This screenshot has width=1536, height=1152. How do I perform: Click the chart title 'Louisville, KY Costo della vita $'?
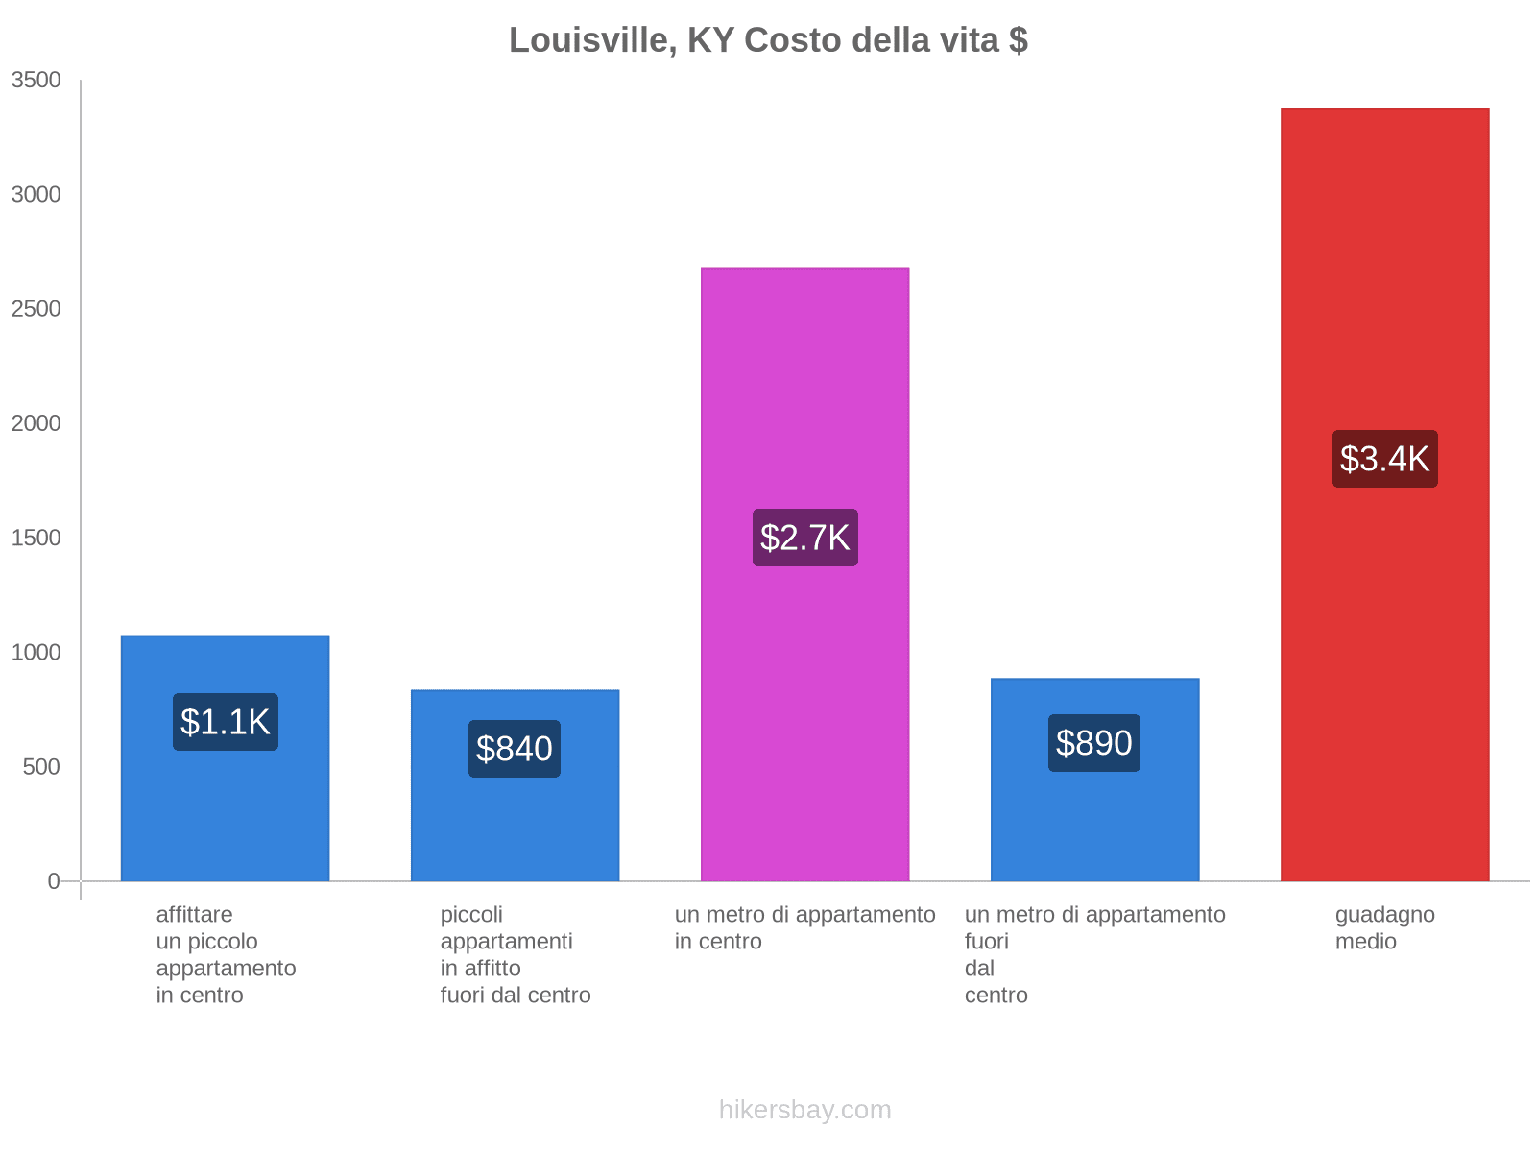click(768, 40)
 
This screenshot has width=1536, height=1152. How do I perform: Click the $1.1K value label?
click(226, 722)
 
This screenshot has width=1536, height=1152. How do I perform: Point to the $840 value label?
click(515, 749)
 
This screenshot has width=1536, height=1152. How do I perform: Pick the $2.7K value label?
click(804, 538)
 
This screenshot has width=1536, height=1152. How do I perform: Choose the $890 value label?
click(1094, 743)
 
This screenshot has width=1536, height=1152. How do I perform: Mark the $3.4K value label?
click(1384, 459)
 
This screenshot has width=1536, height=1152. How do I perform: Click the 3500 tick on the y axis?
click(36, 81)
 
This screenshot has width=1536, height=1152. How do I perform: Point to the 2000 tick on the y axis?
click(36, 423)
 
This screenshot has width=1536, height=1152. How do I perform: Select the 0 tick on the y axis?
click(54, 881)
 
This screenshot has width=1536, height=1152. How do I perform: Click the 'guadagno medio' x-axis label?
click(1384, 927)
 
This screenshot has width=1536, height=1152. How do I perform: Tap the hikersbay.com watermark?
click(804, 1110)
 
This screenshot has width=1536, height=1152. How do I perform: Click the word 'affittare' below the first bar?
click(194, 915)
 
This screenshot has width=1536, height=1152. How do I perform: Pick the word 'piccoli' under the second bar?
click(471, 915)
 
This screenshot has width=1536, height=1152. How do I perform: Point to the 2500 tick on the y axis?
click(36, 309)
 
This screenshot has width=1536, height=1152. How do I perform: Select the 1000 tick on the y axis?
click(36, 653)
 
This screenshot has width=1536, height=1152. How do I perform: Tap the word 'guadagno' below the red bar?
click(1384, 915)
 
